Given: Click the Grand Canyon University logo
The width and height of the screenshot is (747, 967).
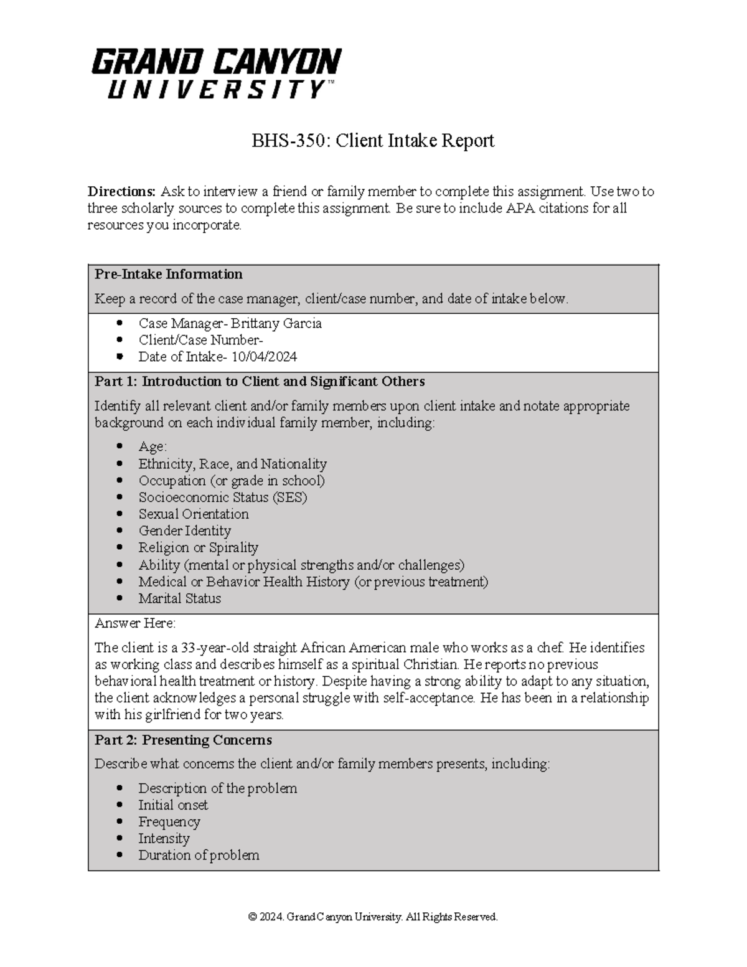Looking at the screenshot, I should point(216,73).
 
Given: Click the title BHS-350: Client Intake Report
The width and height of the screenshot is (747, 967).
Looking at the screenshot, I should point(372,141).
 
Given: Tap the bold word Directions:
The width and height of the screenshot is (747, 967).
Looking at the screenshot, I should point(121,191).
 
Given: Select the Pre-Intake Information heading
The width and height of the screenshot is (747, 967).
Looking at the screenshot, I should point(168,274).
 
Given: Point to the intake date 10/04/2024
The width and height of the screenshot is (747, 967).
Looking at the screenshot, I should point(264,357).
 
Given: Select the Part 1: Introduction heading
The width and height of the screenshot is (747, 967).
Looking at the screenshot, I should point(260,381).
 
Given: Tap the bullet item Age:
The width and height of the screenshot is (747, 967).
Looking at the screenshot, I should point(153,446).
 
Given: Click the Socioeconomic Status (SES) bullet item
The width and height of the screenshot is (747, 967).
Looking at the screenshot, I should point(222,497).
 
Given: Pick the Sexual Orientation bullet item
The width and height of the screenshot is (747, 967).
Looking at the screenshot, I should point(193,514).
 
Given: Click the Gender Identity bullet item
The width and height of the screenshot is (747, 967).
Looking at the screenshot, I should point(184,531).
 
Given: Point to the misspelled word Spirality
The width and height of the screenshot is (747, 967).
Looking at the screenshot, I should point(233,547).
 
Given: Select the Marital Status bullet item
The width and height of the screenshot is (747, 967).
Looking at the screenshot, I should point(179,598).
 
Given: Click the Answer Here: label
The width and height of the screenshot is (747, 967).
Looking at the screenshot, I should point(135,623).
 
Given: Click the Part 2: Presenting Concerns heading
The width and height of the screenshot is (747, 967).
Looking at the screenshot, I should point(183,740).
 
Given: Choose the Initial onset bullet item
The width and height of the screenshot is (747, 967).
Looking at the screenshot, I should point(173,804).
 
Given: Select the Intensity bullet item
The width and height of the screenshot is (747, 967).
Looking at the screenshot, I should point(164,838).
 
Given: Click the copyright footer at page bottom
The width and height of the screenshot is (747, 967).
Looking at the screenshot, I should point(373,917).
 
